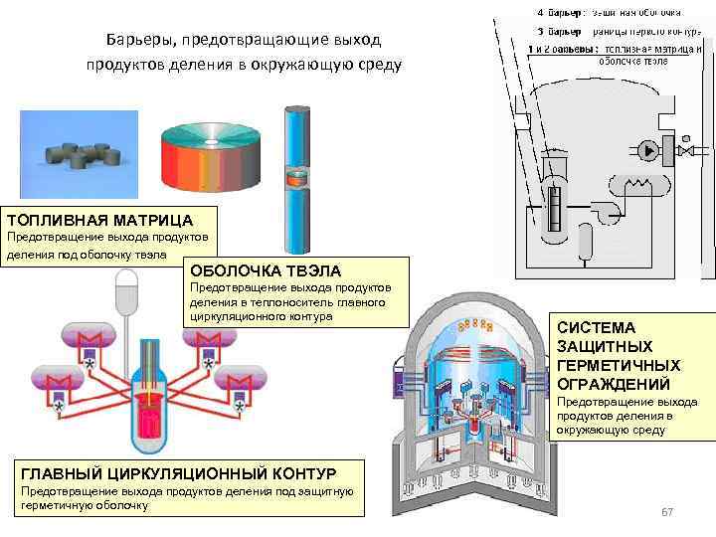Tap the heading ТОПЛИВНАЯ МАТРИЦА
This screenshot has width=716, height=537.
tap(98, 219)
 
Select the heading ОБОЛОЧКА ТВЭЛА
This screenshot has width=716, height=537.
tap(265, 270)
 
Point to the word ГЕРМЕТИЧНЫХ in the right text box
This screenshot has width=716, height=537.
tap(619, 365)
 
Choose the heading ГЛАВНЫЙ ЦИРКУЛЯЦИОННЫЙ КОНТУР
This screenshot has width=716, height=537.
tap(178, 472)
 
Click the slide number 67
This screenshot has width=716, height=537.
tap(667, 512)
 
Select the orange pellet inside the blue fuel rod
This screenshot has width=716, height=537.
tap(296, 180)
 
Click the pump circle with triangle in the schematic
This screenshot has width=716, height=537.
tap(649, 151)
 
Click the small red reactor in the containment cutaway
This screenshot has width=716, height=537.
tap(480, 423)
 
